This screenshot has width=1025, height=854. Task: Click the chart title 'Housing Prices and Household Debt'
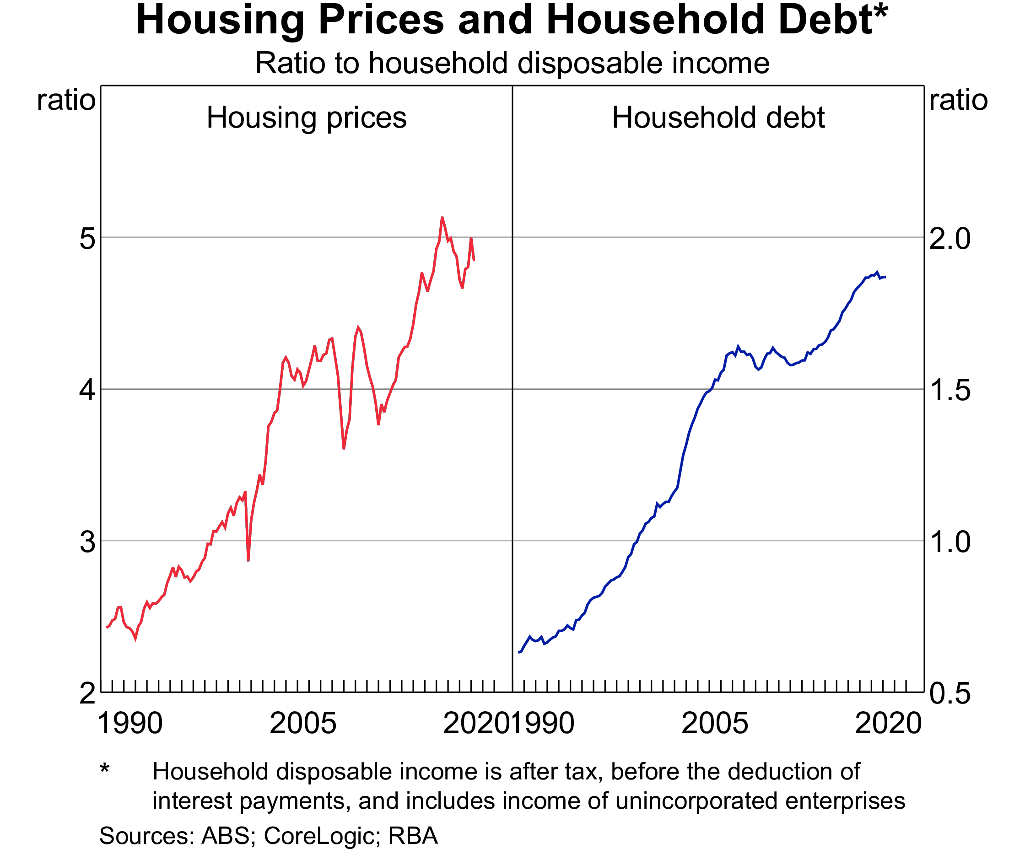(512, 21)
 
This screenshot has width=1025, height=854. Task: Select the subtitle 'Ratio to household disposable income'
(512, 63)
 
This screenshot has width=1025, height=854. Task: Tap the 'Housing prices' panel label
(307, 118)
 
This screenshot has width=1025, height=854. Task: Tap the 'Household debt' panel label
(718, 118)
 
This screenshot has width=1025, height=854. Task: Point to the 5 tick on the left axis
(87, 239)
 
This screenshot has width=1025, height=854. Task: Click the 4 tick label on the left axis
(87, 390)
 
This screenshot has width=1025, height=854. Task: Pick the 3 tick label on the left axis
(87, 542)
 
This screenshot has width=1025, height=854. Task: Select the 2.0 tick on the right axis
(949, 239)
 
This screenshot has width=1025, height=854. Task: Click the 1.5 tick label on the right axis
(949, 390)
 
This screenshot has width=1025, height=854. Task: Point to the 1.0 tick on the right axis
(949, 542)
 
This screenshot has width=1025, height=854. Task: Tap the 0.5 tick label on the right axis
(949, 693)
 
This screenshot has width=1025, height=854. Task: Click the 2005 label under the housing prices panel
(302, 723)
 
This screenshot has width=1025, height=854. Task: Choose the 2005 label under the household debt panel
(714, 723)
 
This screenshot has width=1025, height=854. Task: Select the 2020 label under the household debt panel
(888, 723)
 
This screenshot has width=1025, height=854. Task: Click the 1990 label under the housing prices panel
(130, 723)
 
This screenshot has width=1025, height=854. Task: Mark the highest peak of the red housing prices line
(442, 217)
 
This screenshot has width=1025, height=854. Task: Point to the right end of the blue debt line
(885, 277)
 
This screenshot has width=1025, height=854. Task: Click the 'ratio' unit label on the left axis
(66, 101)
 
